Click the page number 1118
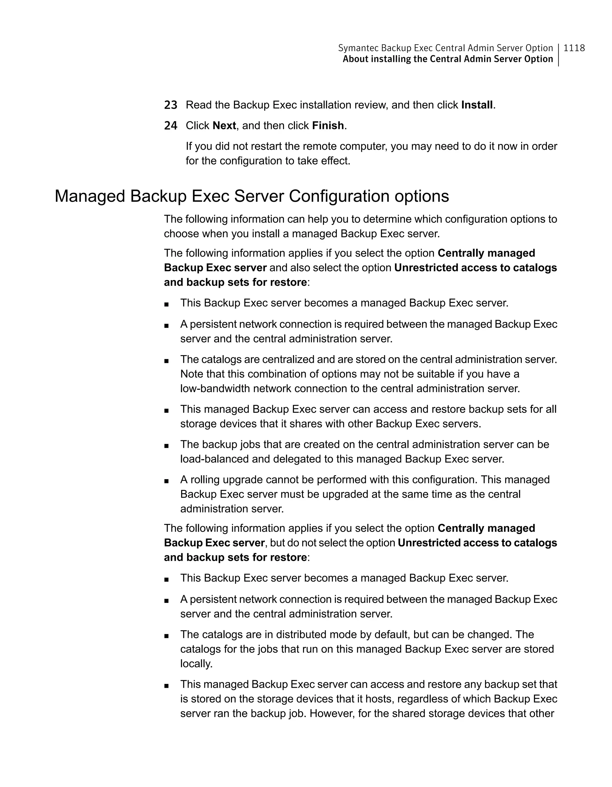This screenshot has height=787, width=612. [x=574, y=48]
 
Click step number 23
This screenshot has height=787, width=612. [x=171, y=105]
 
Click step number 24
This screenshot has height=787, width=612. [x=171, y=126]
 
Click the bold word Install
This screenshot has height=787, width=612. [x=477, y=105]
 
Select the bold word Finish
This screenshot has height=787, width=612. [x=328, y=126]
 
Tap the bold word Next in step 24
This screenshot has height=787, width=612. [x=224, y=126]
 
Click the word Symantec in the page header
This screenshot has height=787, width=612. [x=358, y=48]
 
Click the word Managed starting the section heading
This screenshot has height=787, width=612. [x=90, y=196]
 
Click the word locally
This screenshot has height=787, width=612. [x=196, y=663]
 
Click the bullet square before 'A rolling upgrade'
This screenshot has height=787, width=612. [x=166, y=481]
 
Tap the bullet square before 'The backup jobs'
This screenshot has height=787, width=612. [x=166, y=445]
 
